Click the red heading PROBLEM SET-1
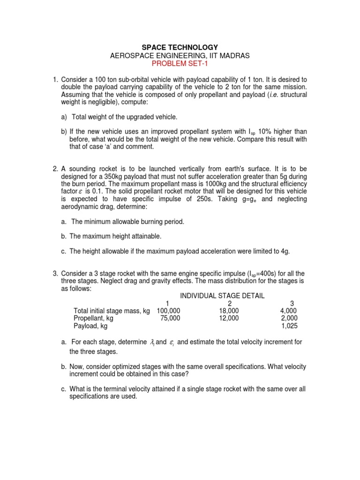pos(180,64)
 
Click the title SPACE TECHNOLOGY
pos(180,47)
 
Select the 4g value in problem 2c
pos(285,251)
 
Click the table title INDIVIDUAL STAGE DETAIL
pos(222,296)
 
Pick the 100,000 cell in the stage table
pos(168,311)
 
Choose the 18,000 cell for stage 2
pos(229,311)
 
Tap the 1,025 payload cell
pos(289,326)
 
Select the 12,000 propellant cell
pos(229,318)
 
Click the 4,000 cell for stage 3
pos(288,311)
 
